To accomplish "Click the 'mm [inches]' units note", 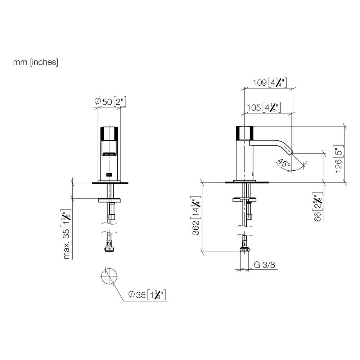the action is (36, 62).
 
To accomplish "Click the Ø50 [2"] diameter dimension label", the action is (111, 102).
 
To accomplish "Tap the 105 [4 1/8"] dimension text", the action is (264, 107).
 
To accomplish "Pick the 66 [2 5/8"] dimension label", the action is (318, 207).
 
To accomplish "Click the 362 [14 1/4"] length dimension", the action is (196, 215).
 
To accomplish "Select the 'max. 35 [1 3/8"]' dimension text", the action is (66, 234).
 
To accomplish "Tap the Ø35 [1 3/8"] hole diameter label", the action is (147, 294).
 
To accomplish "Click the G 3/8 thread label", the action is (264, 265).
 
